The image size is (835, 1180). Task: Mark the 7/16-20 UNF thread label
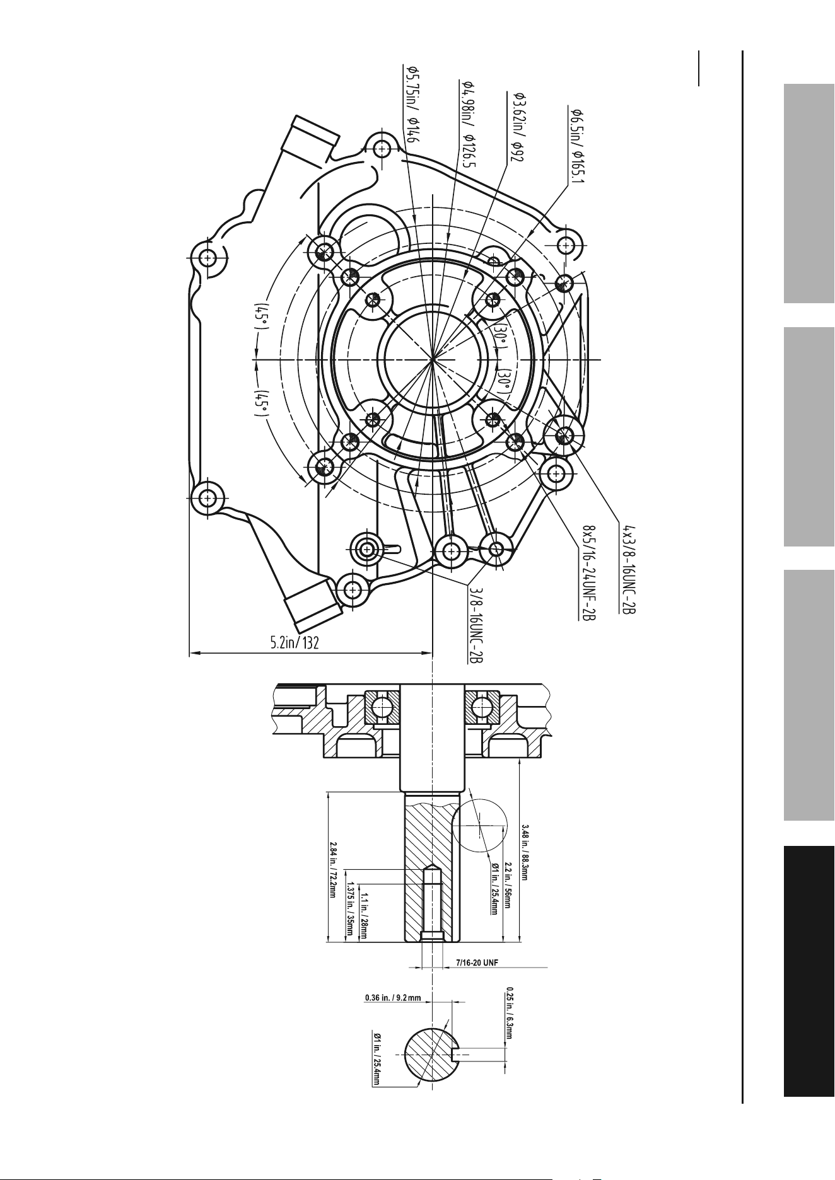pyautogui.click(x=477, y=964)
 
